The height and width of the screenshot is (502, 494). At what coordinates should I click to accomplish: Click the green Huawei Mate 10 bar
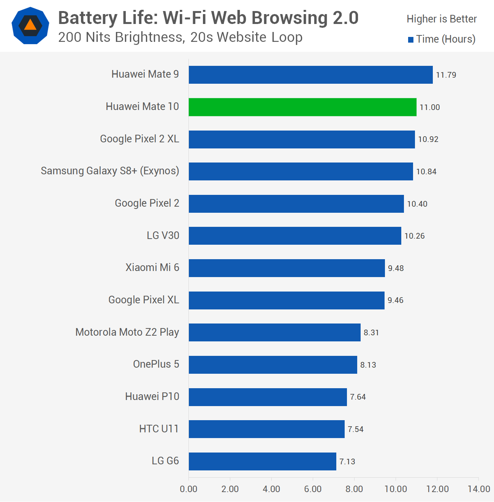click(302, 107)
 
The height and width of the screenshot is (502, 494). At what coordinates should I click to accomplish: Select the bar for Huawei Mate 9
click(310, 75)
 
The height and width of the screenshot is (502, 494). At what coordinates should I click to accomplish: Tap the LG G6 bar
click(262, 461)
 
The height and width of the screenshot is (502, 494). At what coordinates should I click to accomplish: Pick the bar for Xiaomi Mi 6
click(287, 268)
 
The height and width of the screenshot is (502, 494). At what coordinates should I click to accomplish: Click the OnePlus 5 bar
click(273, 365)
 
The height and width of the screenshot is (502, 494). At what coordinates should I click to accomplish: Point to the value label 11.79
click(446, 75)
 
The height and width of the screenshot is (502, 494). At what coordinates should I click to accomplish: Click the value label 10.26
click(414, 236)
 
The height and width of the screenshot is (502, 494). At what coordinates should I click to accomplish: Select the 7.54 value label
click(355, 429)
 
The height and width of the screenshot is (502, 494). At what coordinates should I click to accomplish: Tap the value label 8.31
click(371, 333)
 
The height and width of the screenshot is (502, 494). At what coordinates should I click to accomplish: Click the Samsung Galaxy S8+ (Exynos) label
click(110, 171)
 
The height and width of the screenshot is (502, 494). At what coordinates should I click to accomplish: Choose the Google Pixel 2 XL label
click(139, 139)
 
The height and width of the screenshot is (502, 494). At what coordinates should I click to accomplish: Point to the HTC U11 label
click(159, 429)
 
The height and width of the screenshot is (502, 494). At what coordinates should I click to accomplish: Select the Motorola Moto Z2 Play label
click(127, 332)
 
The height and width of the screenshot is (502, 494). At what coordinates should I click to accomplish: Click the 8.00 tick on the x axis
click(354, 489)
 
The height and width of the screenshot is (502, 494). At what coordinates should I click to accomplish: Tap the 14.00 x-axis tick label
click(478, 489)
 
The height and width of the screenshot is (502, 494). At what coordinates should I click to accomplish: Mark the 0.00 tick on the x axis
click(188, 489)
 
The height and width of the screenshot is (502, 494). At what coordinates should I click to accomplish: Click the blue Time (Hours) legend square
click(411, 40)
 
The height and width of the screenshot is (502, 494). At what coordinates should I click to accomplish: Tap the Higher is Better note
click(442, 19)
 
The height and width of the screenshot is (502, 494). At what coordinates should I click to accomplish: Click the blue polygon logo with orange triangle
click(30, 25)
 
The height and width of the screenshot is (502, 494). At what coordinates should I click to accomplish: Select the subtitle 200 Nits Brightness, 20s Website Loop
click(180, 37)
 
